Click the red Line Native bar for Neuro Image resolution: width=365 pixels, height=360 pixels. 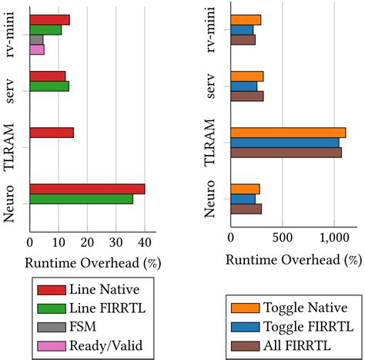[87, 189]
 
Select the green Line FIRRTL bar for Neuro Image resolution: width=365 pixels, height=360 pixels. [81, 199]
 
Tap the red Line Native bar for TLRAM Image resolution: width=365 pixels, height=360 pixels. [52, 133]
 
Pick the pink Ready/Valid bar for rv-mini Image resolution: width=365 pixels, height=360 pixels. [37, 49]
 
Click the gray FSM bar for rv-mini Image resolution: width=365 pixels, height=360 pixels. [36, 39]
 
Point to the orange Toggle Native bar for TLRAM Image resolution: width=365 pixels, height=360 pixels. [288, 133]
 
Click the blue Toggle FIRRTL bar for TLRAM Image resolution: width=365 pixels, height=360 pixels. [285, 143]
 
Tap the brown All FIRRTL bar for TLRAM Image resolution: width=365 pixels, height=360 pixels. [286, 153]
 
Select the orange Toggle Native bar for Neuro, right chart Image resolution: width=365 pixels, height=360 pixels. [245, 189]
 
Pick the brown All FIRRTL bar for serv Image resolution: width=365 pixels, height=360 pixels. [246, 96]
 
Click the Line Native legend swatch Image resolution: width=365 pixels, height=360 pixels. [49, 290]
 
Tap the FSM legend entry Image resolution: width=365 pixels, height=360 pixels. [82, 326]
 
